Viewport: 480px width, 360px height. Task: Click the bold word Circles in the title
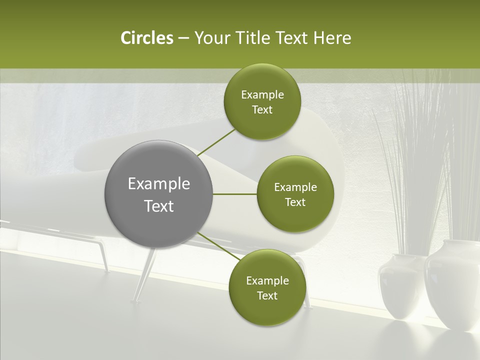click(x=146, y=38)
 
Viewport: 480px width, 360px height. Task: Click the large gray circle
click(x=159, y=194)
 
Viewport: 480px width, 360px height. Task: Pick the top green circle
click(x=262, y=101)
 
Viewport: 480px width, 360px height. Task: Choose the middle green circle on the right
click(x=295, y=194)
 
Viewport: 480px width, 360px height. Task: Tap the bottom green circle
click(x=267, y=287)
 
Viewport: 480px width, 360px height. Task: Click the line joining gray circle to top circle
click(x=217, y=142)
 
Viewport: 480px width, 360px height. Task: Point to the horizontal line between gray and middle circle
click(x=235, y=194)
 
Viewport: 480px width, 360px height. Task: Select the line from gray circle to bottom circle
click(x=218, y=246)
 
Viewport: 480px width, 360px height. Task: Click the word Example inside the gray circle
click(x=159, y=184)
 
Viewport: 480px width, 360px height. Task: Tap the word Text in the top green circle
click(x=262, y=109)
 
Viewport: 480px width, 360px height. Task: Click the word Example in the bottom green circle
click(x=267, y=280)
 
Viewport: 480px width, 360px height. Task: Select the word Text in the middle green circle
click(x=295, y=202)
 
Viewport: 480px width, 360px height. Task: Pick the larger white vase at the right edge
click(x=452, y=285)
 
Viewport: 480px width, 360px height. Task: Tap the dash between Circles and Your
click(x=183, y=38)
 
